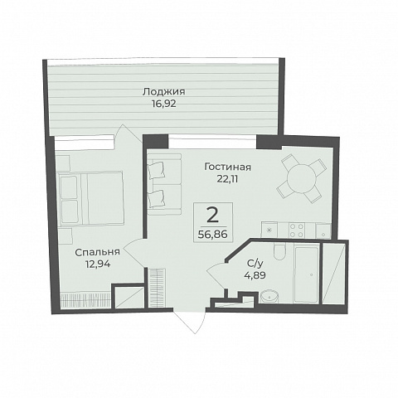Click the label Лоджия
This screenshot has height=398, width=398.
163,92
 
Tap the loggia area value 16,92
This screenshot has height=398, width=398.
163,104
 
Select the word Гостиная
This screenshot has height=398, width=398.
228,167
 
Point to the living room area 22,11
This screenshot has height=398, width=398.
227,179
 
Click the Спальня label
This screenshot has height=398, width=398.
98,252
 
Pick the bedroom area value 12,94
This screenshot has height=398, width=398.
98,265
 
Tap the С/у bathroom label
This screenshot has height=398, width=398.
255,265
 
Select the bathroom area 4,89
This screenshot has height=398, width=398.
255,275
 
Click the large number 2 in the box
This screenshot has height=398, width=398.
213,216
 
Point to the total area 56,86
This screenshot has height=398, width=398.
213,235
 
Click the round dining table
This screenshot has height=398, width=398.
301,178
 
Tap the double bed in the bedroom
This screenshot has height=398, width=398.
91,197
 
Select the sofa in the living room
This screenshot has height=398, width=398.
164,184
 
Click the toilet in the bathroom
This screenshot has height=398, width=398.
279,251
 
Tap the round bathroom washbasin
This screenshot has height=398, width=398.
269,297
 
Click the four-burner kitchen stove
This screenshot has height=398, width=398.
296,231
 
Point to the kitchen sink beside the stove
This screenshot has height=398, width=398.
323,231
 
